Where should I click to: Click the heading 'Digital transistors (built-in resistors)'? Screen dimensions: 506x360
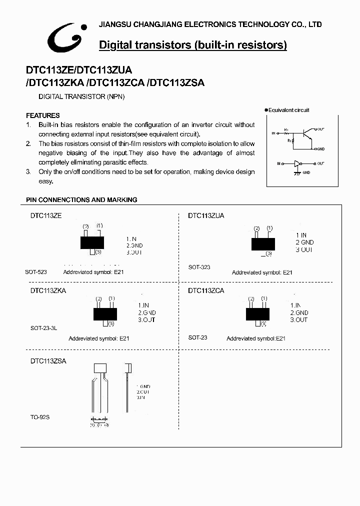click(193, 45)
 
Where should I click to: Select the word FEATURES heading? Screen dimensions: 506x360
click(42, 115)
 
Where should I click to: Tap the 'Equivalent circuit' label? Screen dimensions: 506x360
click(288, 110)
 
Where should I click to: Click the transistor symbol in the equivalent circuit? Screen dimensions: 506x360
click(306, 134)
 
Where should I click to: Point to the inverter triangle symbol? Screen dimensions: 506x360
click(298, 163)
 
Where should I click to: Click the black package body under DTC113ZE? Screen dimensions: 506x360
click(92, 242)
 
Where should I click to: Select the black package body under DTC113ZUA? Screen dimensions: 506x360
click(263, 243)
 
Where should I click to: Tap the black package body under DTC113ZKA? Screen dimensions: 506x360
click(105, 314)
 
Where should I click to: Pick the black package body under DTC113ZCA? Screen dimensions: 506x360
click(258, 313)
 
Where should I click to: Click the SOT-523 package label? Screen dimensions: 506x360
click(36, 272)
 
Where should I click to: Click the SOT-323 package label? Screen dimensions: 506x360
click(199, 267)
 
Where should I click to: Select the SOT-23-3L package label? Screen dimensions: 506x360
click(44, 328)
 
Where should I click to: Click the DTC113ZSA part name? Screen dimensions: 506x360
click(48, 360)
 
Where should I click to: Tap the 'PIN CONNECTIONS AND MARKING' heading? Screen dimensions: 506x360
click(81, 199)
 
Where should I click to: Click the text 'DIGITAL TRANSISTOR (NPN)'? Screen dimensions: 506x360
click(81, 96)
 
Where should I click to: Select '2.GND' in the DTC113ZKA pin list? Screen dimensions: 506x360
click(147, 312)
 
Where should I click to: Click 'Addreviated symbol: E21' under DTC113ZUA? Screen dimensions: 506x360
click(262, 272)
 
